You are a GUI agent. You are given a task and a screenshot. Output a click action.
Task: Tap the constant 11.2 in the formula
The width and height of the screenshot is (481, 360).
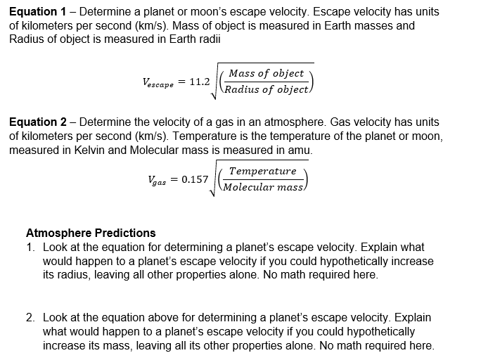coord(200,82)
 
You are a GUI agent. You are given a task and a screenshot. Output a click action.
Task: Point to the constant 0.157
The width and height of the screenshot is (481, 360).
coord(195,179)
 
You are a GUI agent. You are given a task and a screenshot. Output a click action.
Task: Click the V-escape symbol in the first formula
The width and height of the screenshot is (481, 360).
coord(158,83)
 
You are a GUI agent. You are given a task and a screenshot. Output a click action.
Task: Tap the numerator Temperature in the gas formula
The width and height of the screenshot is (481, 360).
coord(262,171)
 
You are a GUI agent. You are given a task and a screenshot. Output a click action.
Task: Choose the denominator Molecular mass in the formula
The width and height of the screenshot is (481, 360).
coord(262,187)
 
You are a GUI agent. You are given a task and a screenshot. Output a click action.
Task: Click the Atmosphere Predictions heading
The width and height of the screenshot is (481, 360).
coord(91,233)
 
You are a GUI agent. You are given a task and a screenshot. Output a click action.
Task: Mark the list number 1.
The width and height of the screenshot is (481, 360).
coord(30,247)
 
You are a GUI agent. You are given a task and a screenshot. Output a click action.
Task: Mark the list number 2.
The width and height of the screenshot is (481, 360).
coord(30,318)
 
